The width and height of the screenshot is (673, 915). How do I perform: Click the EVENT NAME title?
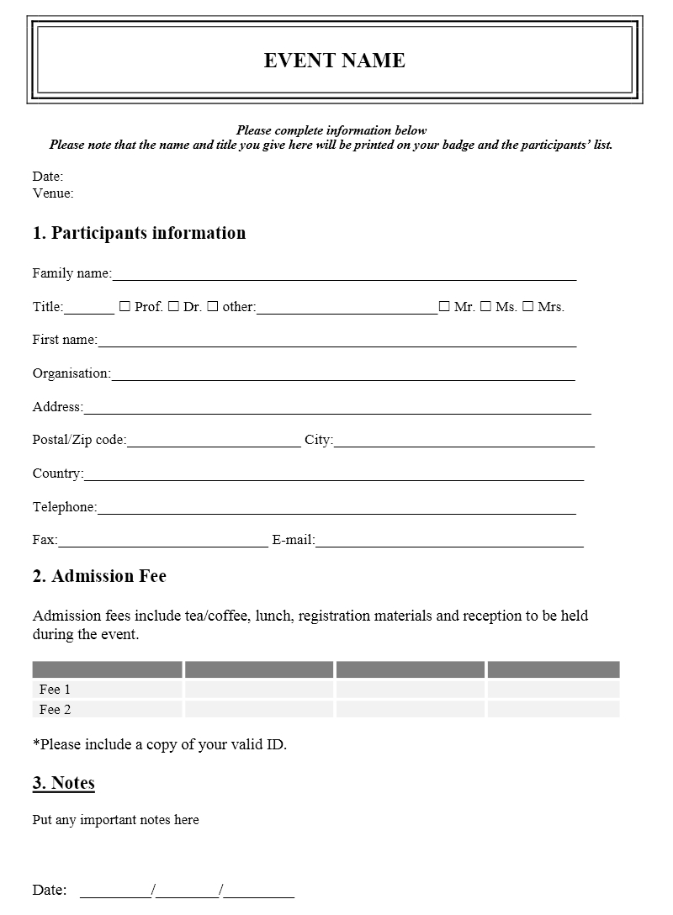click(x=335, y=61)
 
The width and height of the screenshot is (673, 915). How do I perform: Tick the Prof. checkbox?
click(x=125, y=307)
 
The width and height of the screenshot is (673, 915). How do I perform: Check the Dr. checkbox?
click(x=173, y=307)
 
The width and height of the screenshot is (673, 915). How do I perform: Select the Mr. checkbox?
click(x=444, y=307)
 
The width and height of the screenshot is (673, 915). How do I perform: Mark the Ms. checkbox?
click(x=485, y=307)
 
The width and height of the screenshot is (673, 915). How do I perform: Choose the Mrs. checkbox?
click(x=527, y=307)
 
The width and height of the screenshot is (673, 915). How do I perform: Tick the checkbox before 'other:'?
click(x=213, y=307)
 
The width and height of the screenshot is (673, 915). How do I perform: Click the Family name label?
click(x=72, y=273)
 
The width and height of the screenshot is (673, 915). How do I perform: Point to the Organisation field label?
click(x=72, y=373)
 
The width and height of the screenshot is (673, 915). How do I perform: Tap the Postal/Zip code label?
click(x=79, y=440)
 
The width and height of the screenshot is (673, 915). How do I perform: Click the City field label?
click(x=319, y=440)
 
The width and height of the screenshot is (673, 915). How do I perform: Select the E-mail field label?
click(x=293, y=540)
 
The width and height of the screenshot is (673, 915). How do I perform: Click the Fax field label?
click(x=45, y=540)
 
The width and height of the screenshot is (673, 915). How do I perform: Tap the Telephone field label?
click(x=65, y=507)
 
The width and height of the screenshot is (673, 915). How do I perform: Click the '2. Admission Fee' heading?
click(x=99, y=576)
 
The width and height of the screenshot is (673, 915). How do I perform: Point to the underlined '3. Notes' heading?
click(x=64, y=783)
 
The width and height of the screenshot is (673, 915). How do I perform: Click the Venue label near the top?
click(x=53, y=193)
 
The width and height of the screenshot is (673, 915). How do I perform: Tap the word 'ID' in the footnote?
click(x=275, y=744)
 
